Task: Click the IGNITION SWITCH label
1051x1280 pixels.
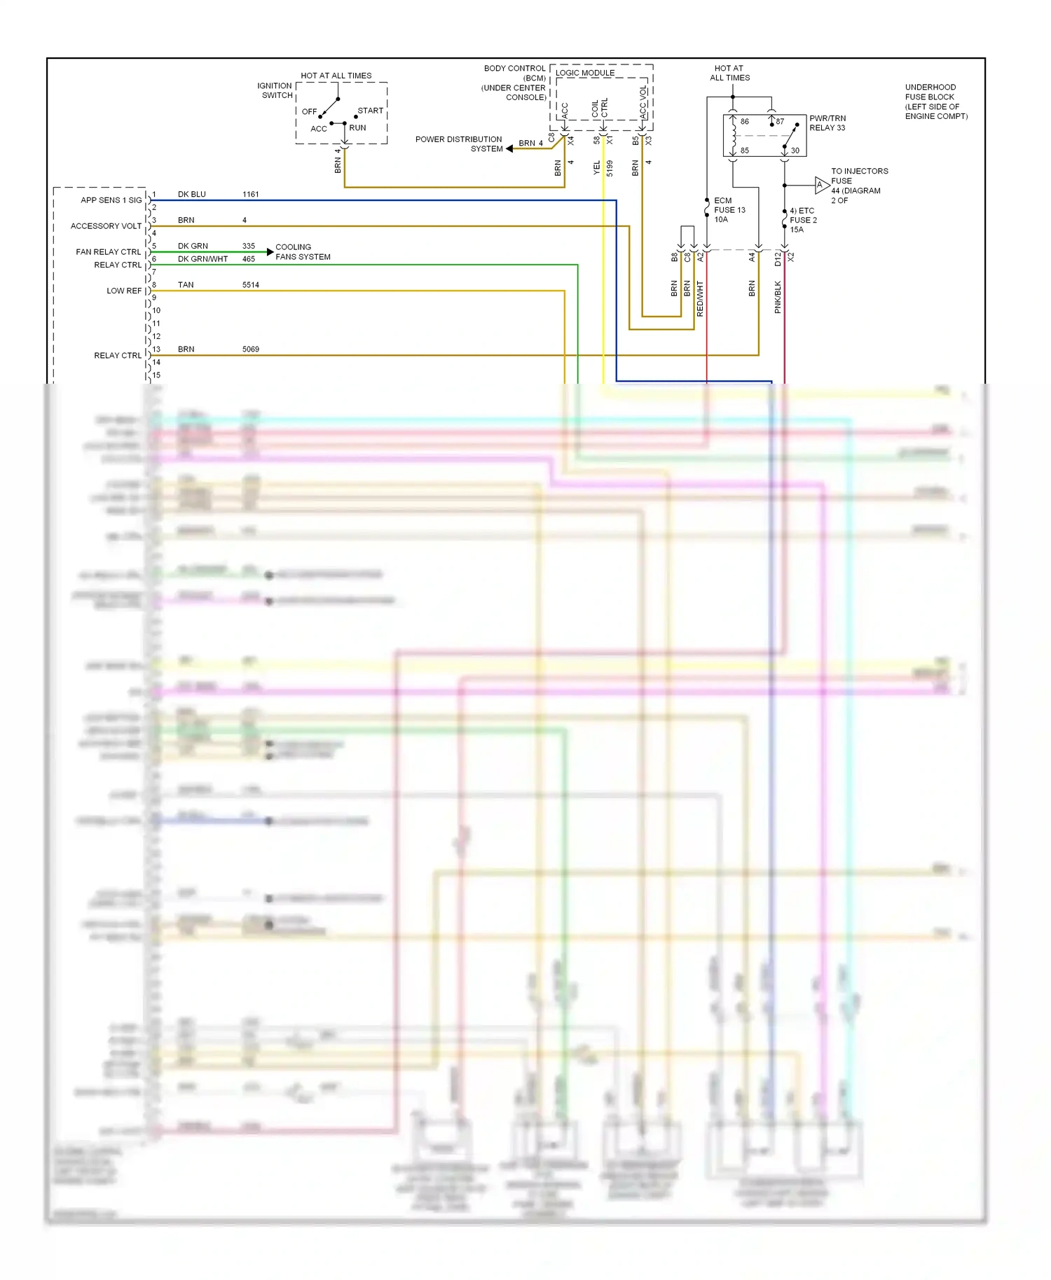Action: tap(275, 90)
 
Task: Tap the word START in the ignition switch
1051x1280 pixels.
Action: tap(370, 111)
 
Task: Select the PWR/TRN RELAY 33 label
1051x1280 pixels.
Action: tap(827, 123)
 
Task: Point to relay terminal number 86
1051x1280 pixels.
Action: tap(744, 121)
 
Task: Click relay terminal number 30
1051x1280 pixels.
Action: tap(795, 151)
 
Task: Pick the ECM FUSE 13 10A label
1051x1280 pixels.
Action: tap(729, 210)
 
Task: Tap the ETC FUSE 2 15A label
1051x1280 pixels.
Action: tap(803, 220)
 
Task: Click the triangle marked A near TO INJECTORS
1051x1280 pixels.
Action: tap(820, 185)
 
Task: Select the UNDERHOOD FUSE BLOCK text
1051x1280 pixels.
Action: tap(936, 102)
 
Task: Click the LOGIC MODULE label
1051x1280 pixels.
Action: tap(585, 73)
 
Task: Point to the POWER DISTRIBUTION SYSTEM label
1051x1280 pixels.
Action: tap(459, 144)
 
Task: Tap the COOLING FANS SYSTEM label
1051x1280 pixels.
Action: tap(303, 252)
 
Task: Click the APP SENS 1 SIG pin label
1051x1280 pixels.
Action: tap(111, 200)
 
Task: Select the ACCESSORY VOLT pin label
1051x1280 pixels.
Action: tap(106, 226)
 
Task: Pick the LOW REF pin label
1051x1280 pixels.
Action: tap(124, 291)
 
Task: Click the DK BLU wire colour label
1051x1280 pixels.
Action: tap(191, 194)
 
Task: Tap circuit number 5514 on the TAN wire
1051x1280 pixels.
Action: tap(251, 285)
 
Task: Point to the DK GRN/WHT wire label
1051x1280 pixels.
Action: tap(202, 259)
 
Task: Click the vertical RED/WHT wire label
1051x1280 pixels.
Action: tap(700, 299)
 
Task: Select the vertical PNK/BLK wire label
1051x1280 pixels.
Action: tap(778, 297)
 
